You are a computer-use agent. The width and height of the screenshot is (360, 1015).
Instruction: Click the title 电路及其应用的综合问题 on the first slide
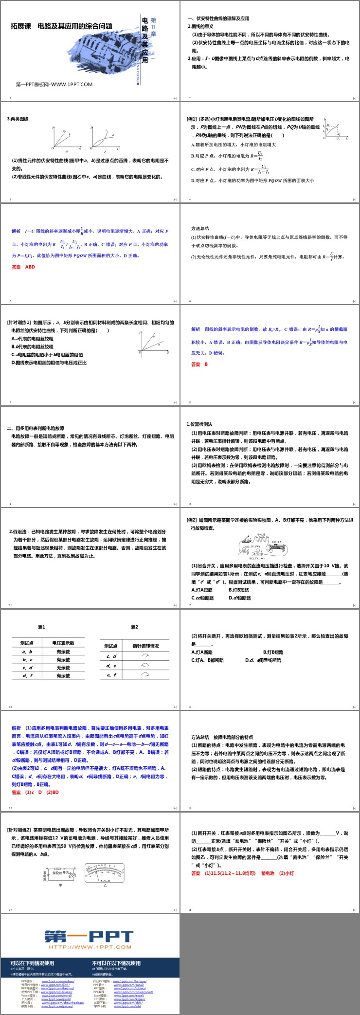[75, 26]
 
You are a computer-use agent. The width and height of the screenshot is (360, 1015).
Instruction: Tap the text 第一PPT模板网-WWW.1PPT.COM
[54, 84]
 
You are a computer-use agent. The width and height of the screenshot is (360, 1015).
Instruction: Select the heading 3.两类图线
[18, 119]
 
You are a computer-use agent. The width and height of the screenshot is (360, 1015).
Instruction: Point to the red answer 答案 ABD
[23, 267]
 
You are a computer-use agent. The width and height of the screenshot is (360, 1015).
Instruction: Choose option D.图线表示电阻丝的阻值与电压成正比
[49, 362]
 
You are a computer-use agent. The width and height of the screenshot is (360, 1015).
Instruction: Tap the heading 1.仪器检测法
[199, 424]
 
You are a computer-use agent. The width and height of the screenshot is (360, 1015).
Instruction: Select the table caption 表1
[41, 627]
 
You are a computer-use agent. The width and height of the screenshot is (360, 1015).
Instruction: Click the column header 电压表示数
[63, 643]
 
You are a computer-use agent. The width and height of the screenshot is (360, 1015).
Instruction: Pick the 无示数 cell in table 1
[63, 668]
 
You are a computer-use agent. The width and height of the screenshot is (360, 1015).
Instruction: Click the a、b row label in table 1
[27, 652]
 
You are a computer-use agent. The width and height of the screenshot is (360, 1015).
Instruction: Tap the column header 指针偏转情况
[145, 646]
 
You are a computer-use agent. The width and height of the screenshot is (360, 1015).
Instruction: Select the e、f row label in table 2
[111, 675]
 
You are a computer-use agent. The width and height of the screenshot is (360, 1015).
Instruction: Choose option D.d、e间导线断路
[263, 660]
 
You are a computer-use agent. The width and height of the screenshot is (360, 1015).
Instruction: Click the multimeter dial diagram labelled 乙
[105, 872]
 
